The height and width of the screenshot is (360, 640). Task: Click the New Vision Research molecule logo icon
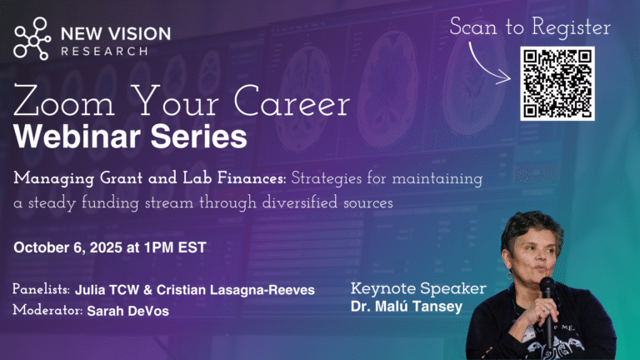(x=32, y=39)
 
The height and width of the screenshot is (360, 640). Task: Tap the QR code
(x=557, y=83)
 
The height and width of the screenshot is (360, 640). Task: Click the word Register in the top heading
(x=571, y=27)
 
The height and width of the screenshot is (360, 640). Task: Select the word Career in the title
(x=292, y=101)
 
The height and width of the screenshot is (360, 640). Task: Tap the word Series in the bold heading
(x=199, y=137)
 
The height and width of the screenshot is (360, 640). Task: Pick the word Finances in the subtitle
(x=252, y=178)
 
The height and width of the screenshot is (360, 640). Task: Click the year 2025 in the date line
(x=106, y=247)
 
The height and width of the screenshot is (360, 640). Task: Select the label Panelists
(x=41, y=289)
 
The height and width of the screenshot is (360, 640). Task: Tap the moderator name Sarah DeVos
(x=128, y=311)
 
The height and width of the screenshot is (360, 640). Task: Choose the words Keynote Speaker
(x=418, y=288)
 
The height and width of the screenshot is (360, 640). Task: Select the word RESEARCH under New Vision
(x=104, y=52)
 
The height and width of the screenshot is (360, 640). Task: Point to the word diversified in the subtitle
(x=300, y=202)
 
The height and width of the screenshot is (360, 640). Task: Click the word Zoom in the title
(x=63, y=101)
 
